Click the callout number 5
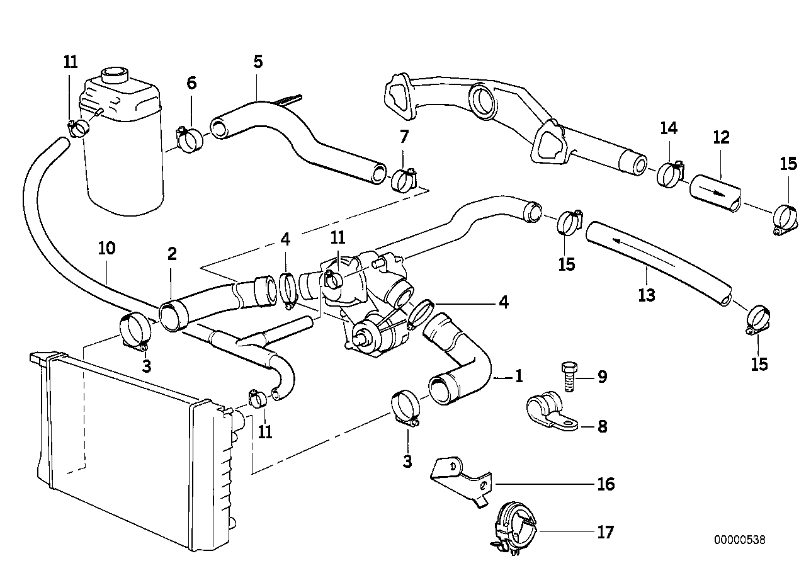pyautogui.click(x=258, y=62)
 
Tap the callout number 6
pyautogui.click(x=191, y=82)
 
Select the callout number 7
pyautogui.click(x=404, y=136)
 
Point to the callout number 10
pyautogui.click(x=107, y=248)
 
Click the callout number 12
pyautogui.click(x=721, y=137)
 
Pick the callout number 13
pyautogui.click(x=647, y=294)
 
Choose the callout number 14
pyautogui.click(x=669, y=128)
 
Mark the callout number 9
pyautogui.click(x=602, y=377)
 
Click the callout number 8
pyautogui.click(x=602, y=426)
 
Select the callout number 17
pyautogui.click(x=605, y=533)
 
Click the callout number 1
pyautogui.click(x=519, y=377)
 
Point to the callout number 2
pyautogui.click(x=172, y=254)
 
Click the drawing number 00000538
pyautogui.click(x=740, y=540)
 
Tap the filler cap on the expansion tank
pyautogui.click(x=114, y=75)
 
